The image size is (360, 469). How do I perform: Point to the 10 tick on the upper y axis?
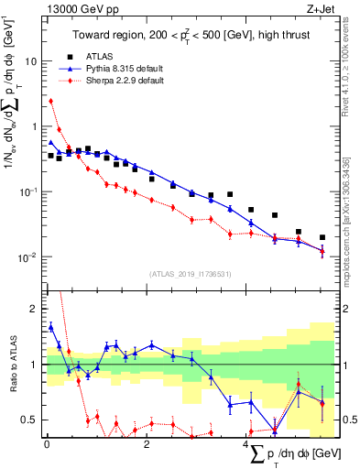point(32,60)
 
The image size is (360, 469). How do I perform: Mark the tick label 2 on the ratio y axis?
point(36,309)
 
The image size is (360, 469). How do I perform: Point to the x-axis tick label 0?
point(46,444)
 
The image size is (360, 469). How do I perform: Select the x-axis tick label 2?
point(147,444)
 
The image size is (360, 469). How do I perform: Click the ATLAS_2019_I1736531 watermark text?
point(190,274)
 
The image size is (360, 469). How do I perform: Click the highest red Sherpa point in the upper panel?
point(51,101)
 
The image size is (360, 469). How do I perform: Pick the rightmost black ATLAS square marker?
point(322,237)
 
